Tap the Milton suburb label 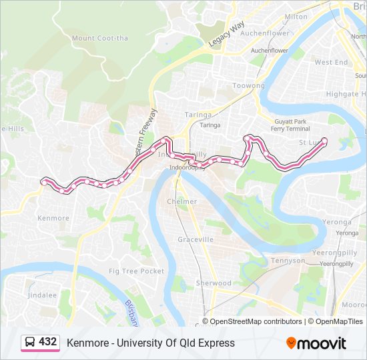pos(296,17)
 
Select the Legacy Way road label pos(227,35)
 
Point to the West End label pos(331,62)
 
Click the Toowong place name pos(248,86)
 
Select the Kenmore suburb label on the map pos(53,218)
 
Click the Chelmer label pos(181,201)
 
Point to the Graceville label pos(196,239)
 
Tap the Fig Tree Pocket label pos(136,271)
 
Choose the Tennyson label pos(288,261)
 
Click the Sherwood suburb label pos(214,283)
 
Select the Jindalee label pos(42,294)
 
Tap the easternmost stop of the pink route pos(324,141)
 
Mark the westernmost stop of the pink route pos(44,181)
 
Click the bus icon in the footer pos(30,343)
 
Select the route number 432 pos(48,342)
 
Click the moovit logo pos(316,343)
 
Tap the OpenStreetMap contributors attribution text pos(256,321)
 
